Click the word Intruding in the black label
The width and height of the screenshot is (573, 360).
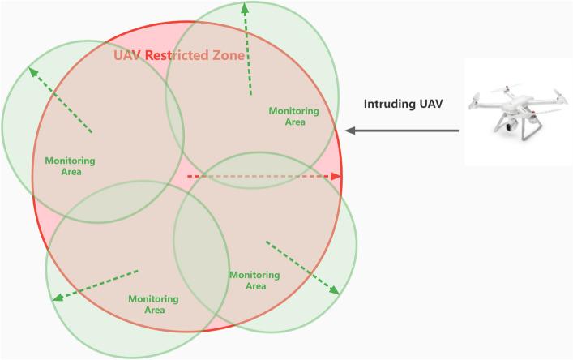coord(385,104)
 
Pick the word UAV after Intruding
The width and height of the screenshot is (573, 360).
coord(431,104)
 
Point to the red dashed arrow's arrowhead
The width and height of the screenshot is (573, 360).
coord(338,176)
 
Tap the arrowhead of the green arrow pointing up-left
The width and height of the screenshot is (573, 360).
coord(33,71)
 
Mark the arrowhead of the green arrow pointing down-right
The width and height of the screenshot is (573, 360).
coord(335,292)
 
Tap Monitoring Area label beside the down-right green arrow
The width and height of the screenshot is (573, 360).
coord(254,281)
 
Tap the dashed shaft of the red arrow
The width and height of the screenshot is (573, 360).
coord(259,176)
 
